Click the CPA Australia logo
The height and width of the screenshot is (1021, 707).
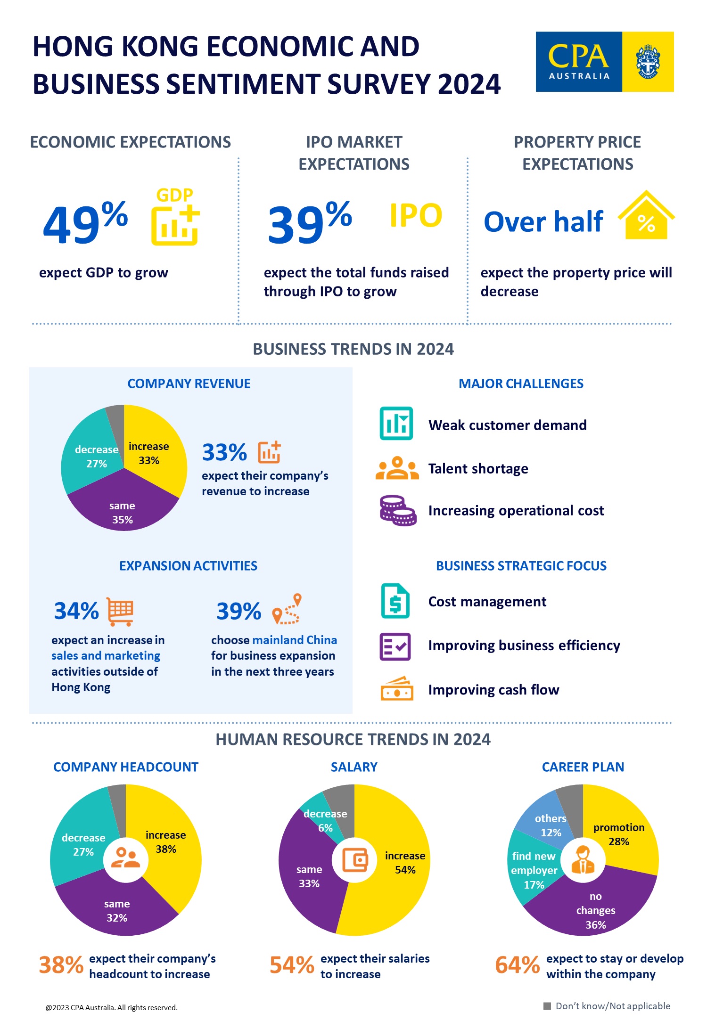click(604, 62)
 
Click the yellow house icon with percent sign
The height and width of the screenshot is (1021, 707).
click(646, 216)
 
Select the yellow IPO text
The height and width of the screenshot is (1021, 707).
click(416, 216)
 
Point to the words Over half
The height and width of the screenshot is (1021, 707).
click(543, 221)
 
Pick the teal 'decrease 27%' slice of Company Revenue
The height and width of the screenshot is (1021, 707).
click(90, 452)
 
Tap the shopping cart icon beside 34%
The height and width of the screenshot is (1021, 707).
click(120, 611)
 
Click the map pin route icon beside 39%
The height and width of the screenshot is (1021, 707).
click(287, 609)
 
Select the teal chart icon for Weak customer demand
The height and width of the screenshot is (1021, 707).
click(396, 424)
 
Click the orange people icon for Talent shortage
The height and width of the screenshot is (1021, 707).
click(397, 468)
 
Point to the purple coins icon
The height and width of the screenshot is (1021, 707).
click(397, 510)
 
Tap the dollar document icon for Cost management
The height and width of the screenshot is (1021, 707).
click(395, 601)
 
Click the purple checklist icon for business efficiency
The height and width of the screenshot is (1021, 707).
click(395, 646)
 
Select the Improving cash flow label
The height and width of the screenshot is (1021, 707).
click(493, 690)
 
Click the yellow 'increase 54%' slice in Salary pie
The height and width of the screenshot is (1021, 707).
click(401, 872)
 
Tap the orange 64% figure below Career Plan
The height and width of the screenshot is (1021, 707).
click(517, 964)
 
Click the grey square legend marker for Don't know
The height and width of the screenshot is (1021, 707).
click(547, 1006)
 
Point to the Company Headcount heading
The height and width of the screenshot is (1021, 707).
click(126, 767)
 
